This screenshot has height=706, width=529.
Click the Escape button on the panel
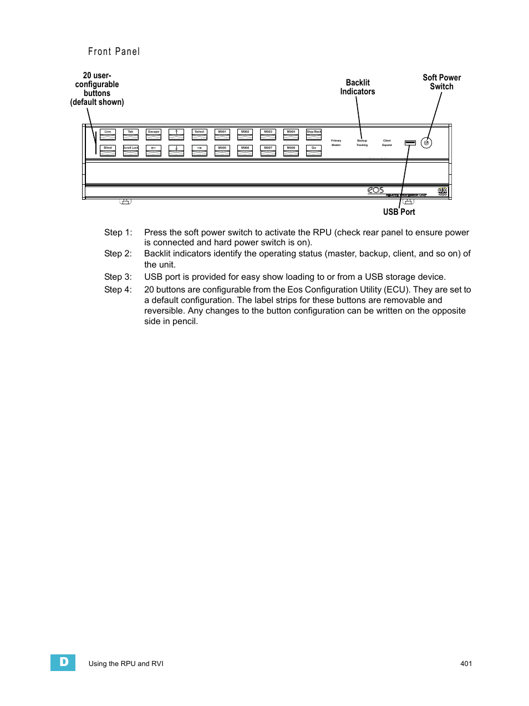tap(154, 134)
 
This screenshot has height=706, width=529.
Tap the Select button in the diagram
tap(200, 134)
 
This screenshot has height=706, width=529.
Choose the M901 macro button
tap(222, 134)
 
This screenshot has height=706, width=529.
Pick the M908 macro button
tap(291, 150)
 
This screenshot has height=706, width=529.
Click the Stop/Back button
tap(314, 134)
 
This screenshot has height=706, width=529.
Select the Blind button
tap(108, 150)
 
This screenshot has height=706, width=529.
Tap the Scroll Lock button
tap(131, 150)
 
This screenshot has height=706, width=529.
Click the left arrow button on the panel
tap(154, 150)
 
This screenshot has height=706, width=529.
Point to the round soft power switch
tap(426, 143)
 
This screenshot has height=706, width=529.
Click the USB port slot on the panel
tap(410, 143)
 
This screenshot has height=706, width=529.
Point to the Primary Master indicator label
tap(336, 143)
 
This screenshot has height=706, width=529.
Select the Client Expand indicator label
tap(387, 143)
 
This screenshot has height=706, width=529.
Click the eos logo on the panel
tap(375, 190)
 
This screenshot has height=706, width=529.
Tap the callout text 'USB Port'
tap(399, 212)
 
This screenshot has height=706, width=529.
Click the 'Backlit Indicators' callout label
tap(358, 87)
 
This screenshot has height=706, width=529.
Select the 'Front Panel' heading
tap(114, 52)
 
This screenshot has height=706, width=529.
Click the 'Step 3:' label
tap(118, 277)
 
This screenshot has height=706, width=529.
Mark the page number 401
tap(466, 663)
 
